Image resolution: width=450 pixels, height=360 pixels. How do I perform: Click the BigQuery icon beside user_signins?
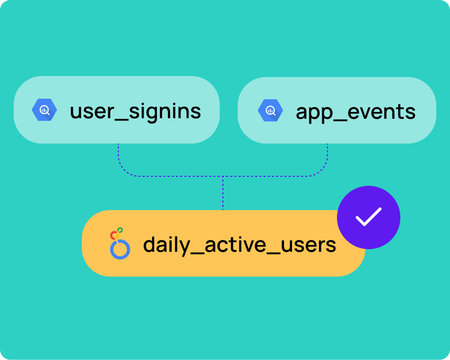(44, 110)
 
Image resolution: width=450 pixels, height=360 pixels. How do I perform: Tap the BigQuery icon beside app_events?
(270, 110)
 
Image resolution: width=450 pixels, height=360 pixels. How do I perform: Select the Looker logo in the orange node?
(120, 243)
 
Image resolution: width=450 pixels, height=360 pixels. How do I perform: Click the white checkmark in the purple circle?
(369, 216)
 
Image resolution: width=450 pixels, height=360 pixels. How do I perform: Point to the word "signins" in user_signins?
(165, 111)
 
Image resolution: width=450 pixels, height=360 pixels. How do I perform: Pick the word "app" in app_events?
(313, 114)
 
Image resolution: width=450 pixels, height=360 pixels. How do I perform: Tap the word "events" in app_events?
(381, 111)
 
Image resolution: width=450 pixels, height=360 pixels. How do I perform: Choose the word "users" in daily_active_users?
(308, 246)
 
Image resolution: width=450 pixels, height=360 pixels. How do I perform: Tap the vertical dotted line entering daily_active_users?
(223, 193)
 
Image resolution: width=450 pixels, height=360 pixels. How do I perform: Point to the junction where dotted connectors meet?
(223, 176)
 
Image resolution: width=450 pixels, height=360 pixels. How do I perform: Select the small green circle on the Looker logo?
(120, 230)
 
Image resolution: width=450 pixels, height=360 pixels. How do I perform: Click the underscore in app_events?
(339, 121)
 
